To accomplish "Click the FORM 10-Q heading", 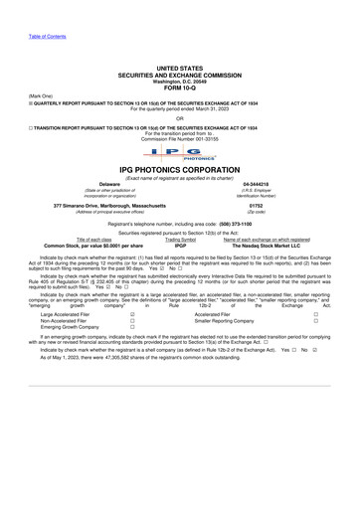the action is click(x=179, y=85).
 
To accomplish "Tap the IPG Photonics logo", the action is click(x=180, y=154).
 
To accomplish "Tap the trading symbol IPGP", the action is click(x=180, y=246).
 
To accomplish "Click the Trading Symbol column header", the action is click(x=180, y=240).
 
